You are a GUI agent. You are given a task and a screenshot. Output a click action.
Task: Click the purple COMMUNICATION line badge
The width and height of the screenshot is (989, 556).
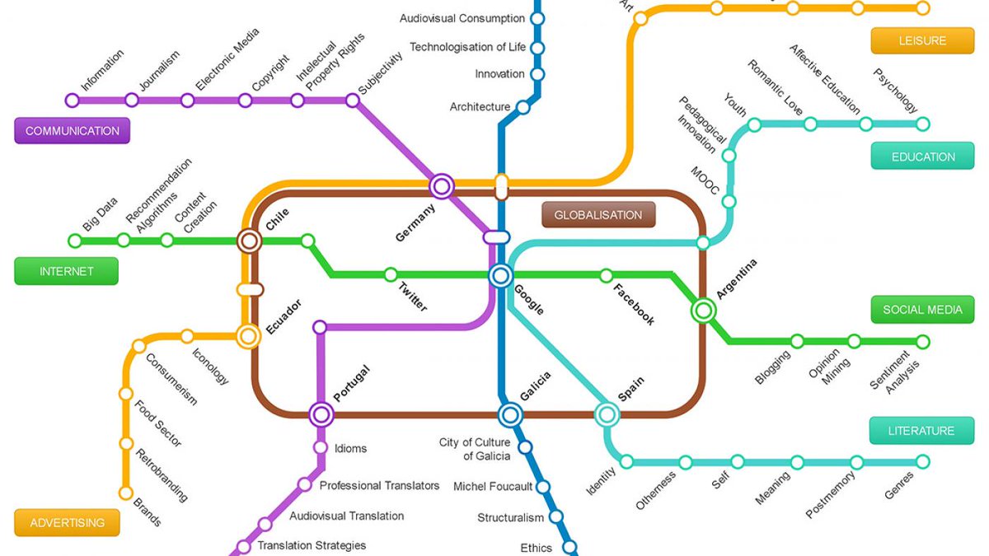click(x=72, y=131)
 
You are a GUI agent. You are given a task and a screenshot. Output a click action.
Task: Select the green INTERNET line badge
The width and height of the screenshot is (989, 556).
click(x=66, y=271)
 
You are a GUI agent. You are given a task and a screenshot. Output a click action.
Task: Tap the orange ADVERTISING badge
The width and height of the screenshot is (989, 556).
click(x=67, y=522)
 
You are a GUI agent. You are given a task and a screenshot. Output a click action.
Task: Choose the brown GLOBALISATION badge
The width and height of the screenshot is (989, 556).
click(x=598, y=215)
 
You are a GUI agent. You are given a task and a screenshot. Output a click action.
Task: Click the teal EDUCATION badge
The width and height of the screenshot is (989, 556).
click(x=922, y=157)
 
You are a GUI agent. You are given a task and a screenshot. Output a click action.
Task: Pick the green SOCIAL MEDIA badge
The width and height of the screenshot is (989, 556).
click(x=922, y=310)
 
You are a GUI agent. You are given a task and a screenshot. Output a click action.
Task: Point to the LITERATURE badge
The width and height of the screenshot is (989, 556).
click(x=921, y=430)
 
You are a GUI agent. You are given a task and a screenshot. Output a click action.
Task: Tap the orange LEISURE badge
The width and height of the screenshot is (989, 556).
click(x=922, y=40)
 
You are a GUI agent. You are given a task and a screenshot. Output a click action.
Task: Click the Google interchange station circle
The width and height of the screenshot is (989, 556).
click(x=500, y=276)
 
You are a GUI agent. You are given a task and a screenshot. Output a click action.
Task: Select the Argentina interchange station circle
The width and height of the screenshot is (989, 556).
click(x=703, y=311)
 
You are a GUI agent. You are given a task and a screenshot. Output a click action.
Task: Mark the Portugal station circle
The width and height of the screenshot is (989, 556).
click(x=321, y=415)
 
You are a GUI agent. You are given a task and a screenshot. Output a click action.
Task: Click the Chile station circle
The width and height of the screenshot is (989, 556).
click(x=249, y=241)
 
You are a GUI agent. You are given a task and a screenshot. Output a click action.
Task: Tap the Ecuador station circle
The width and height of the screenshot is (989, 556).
click(x=248, y=336)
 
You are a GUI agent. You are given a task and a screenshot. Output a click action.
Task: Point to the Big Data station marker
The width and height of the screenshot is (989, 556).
click(x=75, y=241)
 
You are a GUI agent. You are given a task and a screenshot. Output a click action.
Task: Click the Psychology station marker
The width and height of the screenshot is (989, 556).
click(x=923, y=124)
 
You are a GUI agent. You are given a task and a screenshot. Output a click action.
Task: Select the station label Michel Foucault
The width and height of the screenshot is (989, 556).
click(x=493, y=486)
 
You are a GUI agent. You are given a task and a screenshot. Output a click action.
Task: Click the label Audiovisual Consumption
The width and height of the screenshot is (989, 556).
click(x=462, y=18)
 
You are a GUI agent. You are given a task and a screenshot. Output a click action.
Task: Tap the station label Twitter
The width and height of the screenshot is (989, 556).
click(x=413, y=297)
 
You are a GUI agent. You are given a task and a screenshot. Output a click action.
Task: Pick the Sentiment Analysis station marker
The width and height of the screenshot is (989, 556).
click(x=923, y=342)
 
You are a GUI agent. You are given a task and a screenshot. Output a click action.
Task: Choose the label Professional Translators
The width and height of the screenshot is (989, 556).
click(x=379, y=485)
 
